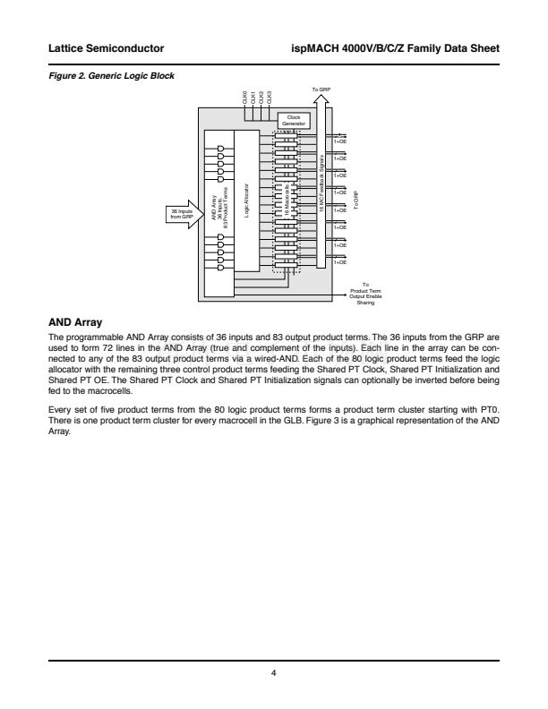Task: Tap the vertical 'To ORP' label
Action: (x=355, y=201)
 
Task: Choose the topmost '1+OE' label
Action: (x=340, y=141)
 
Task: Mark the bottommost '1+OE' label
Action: (x=340, y=262)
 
